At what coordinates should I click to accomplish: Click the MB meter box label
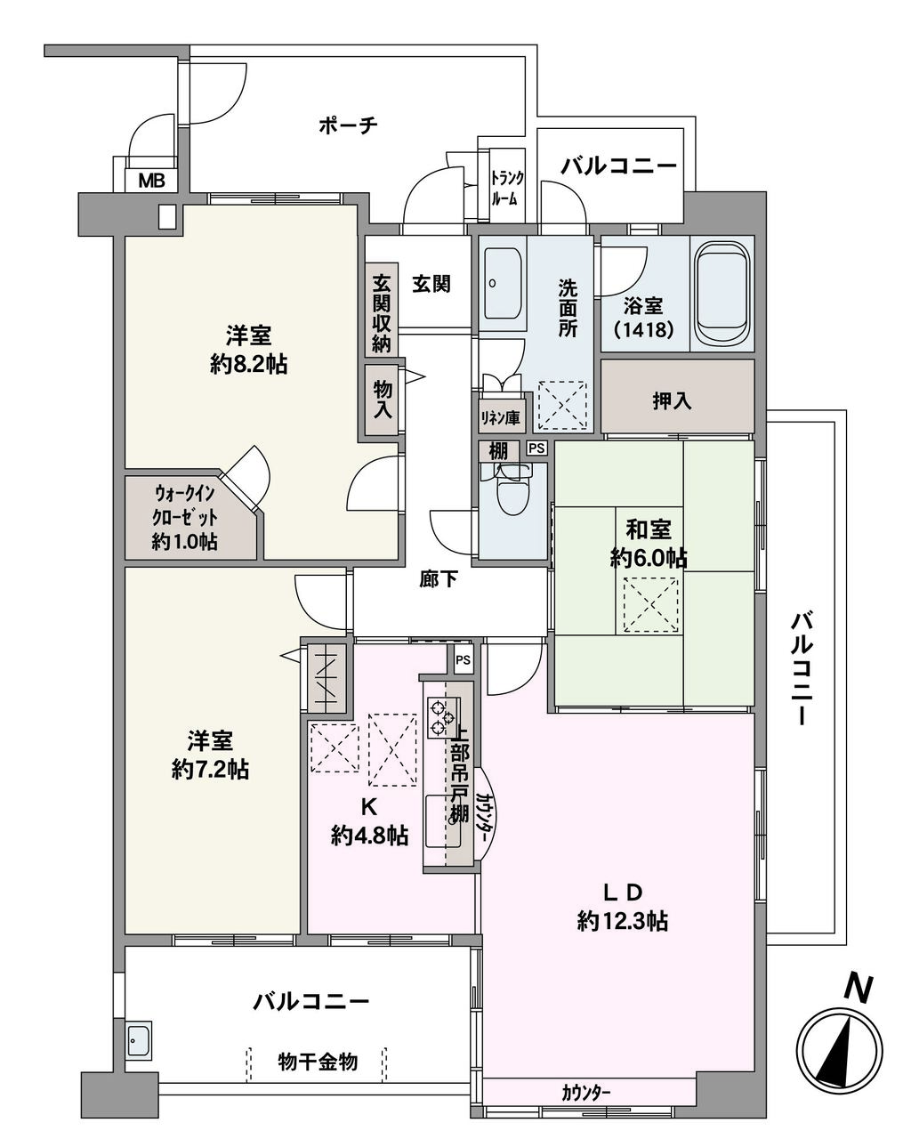[x=151, y=181]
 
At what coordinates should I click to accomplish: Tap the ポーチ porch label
[x=348, y=125]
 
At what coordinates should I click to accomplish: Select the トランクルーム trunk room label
[x=507, y=189]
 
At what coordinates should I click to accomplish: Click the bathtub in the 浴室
[x=721, y=294]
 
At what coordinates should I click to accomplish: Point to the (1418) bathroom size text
[x=643, y=330]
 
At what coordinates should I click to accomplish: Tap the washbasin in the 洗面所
[x=503, y=283]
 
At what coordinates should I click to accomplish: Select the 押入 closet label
[x=672, y=401]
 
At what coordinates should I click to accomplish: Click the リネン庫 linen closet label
[x=500, y=418]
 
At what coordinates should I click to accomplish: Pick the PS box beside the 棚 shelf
[x=536, y=448]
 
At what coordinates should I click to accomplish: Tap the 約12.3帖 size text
[x=623, y=922]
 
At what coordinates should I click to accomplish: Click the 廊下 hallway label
[x=439, y=579]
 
